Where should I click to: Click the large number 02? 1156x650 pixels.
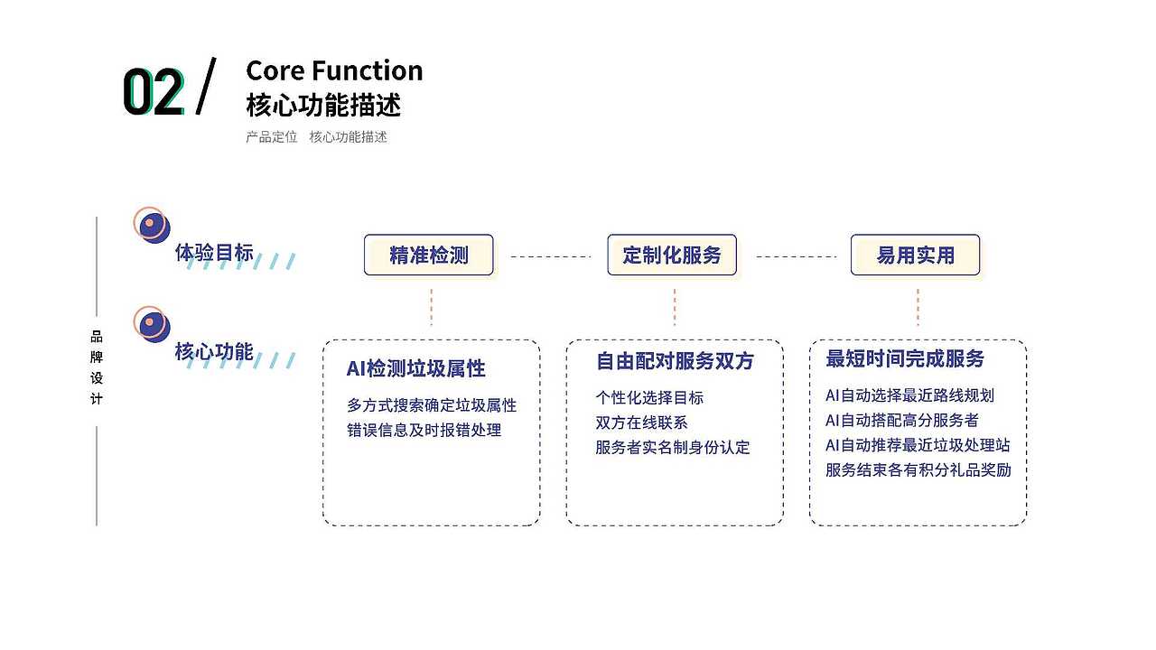coord(154,93)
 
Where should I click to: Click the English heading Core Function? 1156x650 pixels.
coord(334,70)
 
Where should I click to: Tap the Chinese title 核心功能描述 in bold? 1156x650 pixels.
coord(323,105)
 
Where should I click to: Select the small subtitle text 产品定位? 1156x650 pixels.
coord(271,137)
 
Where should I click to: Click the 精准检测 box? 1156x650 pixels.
coord(429,255)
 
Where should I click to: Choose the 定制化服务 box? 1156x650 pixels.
coord(672,255)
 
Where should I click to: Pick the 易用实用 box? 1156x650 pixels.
coord(915,255)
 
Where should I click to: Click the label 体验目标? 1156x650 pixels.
coord(214,253)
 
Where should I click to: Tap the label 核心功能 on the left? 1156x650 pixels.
coord(214,352)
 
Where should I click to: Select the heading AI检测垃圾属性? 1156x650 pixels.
coord(415,368)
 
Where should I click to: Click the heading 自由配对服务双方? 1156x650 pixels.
coord(675,361)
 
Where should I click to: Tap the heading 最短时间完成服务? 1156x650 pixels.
coord(905,359)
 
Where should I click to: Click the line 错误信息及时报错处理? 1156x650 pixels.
coord(424,431)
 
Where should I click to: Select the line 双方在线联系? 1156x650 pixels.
coord(641,422)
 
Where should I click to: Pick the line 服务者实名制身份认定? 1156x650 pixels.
coord(673,448)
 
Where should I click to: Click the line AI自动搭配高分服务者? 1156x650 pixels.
coord(901,421)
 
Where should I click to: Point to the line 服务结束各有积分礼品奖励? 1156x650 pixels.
coord(918,470)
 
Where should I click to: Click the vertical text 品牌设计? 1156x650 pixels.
coord(97,367)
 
